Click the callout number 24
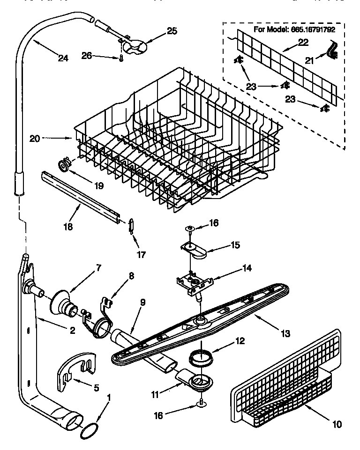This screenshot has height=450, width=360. pos(63,58)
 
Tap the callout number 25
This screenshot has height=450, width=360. pos(172,31)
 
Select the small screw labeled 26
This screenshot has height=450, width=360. pos(120,58)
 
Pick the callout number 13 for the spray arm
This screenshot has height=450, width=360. pos(285,334)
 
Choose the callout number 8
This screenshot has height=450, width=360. pos(131,276)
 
